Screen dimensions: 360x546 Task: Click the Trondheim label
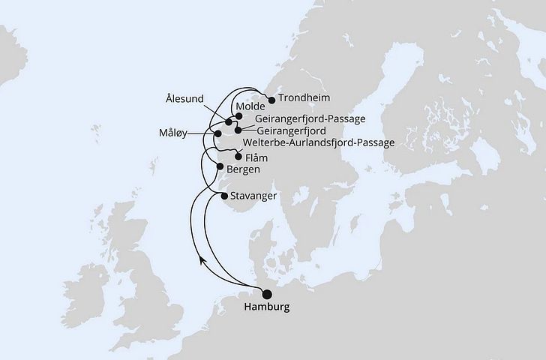point(304,98)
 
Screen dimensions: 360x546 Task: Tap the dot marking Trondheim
point(271,97)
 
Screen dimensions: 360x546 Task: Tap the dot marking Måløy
point(218,133)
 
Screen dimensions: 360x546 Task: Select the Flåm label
point(256,157)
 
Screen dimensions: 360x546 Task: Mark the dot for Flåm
point(238,157)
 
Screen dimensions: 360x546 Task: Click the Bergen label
point(243,169)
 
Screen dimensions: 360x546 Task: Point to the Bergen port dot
point(220,166)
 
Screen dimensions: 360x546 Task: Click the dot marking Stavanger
point(226,196)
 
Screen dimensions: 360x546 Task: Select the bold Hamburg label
point(265,307)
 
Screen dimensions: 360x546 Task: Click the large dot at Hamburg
point(265,294)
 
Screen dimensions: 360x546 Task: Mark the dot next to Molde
point(238,116)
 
